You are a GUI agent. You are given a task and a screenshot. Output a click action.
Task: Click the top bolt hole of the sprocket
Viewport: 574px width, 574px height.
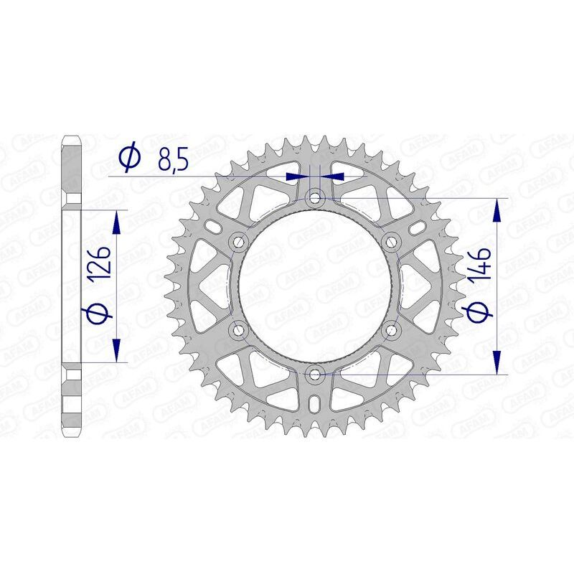(x=314, y=197)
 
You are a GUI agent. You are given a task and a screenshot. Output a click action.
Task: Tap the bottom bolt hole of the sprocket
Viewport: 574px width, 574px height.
(x=314, y=373)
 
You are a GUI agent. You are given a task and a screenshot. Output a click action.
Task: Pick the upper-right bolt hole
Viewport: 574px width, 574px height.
(x=391, y=241)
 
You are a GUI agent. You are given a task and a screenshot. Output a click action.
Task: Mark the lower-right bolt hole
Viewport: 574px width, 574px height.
(x=391, y=329)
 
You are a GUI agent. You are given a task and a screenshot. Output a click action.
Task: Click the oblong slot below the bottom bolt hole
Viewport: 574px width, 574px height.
(x=314, y=405)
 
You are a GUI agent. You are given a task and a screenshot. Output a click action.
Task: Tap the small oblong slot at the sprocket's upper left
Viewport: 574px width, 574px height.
(x=214, y=227)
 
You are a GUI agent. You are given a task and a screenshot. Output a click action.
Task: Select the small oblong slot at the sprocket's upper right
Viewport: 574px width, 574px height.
(x=415, y=227)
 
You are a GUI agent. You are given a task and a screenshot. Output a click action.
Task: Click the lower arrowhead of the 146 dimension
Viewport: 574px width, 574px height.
(x=496, y=362)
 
